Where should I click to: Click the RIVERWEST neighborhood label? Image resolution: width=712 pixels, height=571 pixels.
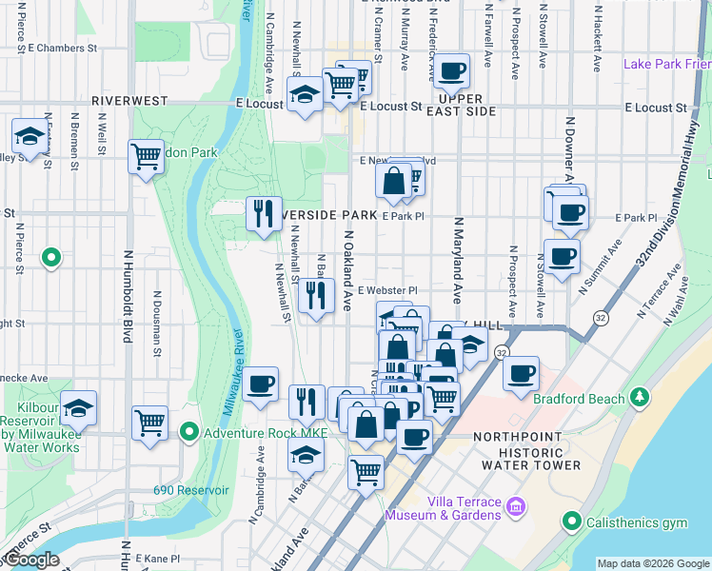(x=129, y=100)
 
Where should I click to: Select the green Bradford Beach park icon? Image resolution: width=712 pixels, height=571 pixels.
(x=643, y=396)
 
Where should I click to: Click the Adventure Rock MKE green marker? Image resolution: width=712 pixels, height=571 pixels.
(x=189, y=434)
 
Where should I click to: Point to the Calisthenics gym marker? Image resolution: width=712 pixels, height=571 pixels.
(x=571, y=522)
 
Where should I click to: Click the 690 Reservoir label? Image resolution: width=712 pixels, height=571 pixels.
(x=191, y=490)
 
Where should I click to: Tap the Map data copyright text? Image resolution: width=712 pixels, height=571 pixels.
(x=653, y=563)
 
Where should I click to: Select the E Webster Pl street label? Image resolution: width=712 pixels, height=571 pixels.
(x=387, y=290)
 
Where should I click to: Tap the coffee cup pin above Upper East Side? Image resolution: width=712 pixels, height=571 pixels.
(x=452, y=69)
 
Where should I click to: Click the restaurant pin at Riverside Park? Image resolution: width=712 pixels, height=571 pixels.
(x=265, y=212)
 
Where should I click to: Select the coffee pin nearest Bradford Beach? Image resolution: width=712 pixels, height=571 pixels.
(x=521, y=373)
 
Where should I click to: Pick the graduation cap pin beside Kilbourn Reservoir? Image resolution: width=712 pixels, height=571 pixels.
(x=79, y=407)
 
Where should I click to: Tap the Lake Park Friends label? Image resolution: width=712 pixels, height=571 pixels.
(x=666, y=64)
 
